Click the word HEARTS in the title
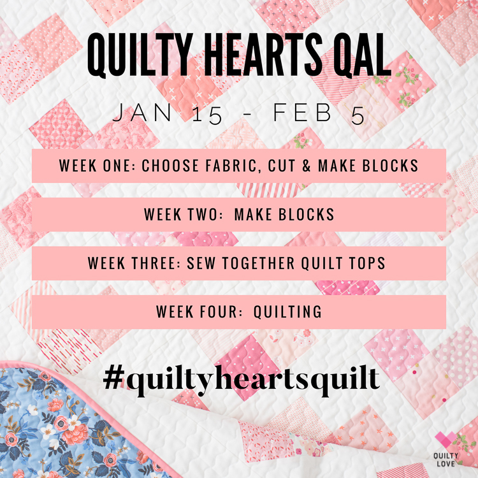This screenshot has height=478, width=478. click(x=263, y=54)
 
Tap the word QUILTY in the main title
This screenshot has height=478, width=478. click(x=140, y=55)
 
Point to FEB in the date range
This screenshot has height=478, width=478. click(x=302, y=113)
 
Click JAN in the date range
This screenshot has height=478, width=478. click(x=142, y=113)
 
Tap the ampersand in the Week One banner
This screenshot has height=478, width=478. click(x=306, y=166)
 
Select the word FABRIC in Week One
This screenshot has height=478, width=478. click(x=233, y=166)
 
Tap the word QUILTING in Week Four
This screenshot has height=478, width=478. click(x=287, y=312)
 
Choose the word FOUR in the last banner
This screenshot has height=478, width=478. click(x=218, y=312)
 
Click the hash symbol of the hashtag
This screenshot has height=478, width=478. click(x=114, y=377)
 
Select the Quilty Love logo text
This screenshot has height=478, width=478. click(x=446, y=460)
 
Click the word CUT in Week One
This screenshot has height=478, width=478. click(x=282, y=166)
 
